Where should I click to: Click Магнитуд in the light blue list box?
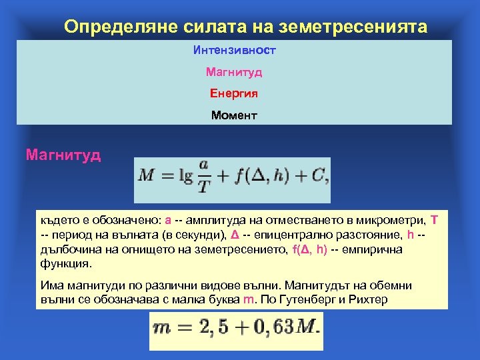(x=234, y=71)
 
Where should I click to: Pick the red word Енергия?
(x=234, y=93)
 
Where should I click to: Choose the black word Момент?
(x=234, y=115)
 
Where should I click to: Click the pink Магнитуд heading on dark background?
(x=63, y=155)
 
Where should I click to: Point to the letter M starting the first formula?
(x=146, y=177)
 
